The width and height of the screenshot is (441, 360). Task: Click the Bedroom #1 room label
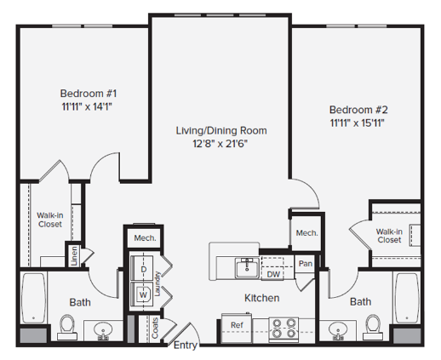click(x=89, y=94)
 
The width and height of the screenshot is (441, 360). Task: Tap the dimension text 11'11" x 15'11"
click(x=358, y=123)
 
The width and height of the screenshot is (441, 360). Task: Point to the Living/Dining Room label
click(x=221, y=130)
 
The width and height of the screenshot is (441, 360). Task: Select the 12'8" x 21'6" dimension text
click(x=220, y=144)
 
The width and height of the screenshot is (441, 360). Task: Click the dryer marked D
click(x=142, y=268)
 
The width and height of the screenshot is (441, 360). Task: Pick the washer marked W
click(x=142, y=294)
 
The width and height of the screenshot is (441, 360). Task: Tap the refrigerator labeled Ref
click(x=237, y=328)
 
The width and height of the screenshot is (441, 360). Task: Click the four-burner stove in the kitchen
click(x=283, y=329)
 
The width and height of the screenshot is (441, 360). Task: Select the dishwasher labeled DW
click(x=273, y=274)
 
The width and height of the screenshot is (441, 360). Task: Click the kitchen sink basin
click(x=247, y=268)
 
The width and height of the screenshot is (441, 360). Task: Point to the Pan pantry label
click(x=306, y=264)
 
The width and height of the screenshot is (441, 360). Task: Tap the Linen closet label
click(x=74, y=256)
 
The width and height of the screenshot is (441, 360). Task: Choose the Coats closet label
click(x=155, y=328)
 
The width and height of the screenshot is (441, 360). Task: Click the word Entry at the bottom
click(x=186, y=346)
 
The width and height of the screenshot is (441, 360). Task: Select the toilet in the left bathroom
click(x=67, y=327)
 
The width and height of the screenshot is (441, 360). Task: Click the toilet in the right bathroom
click(x=373, y=327)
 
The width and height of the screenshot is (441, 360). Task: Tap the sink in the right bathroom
click(x=338, y=331)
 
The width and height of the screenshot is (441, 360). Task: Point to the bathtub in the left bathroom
click(x=33, y=298)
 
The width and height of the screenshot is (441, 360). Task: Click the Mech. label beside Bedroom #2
click(x=306, y=233)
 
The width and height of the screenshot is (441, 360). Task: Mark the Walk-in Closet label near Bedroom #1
click(x=50, y=220)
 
